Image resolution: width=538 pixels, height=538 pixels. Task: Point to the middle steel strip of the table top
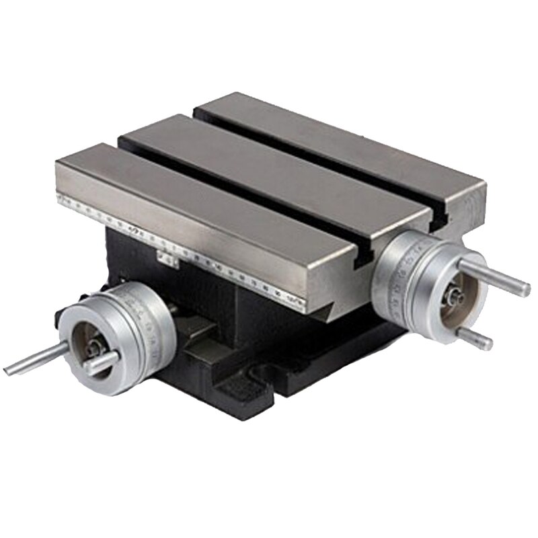tap(269, 168)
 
